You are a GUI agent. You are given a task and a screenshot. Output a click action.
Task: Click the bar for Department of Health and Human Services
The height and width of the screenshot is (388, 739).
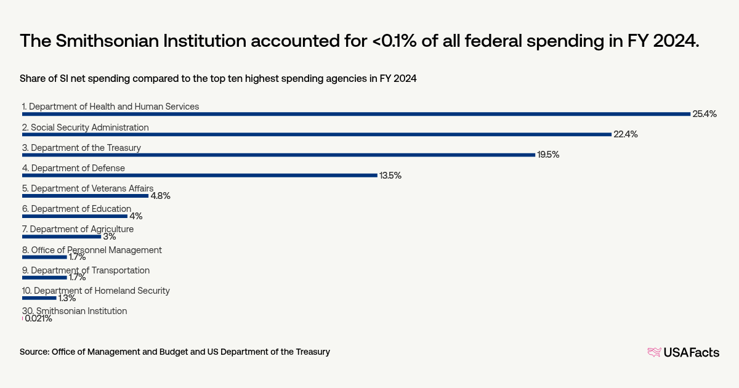[356, 114]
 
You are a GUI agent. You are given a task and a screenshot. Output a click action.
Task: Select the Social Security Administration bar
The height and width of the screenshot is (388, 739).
[317, 134]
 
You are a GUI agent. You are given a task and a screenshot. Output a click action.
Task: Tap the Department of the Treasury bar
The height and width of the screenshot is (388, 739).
[278, 155]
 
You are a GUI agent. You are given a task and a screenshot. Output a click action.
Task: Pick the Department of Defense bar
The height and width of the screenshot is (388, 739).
[200, 175]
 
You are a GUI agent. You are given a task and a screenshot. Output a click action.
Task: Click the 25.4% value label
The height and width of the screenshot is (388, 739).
[705, 114]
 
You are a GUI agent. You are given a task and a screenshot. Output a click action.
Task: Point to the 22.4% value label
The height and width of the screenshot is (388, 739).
[625, 134]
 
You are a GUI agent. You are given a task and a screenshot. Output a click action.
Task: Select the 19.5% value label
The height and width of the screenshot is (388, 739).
[548, 155]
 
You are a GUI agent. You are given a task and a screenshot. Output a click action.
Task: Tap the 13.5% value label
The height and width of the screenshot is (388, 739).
[390, 176]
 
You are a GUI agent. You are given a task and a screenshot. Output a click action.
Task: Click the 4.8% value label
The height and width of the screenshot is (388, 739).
[160, 196]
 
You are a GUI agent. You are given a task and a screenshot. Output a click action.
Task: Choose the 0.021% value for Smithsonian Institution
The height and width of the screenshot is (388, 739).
[38, 319]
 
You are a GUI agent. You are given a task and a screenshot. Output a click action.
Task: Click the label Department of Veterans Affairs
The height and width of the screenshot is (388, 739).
[87, 188]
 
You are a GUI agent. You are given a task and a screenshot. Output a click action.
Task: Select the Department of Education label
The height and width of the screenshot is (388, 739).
[76, 209]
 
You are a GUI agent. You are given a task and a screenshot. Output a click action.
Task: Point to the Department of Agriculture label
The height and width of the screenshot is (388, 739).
[78, 229]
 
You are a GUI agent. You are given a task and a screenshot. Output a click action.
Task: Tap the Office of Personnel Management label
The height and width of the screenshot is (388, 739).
[92, 250]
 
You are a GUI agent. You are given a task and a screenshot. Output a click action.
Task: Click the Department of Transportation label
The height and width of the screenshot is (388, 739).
[86, 270]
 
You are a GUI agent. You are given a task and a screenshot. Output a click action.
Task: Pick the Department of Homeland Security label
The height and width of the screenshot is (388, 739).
[95, 291]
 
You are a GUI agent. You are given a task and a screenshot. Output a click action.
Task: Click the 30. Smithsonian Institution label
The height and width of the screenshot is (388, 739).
[75, 311]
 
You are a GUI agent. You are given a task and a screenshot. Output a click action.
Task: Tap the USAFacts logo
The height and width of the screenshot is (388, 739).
[683, 352]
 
